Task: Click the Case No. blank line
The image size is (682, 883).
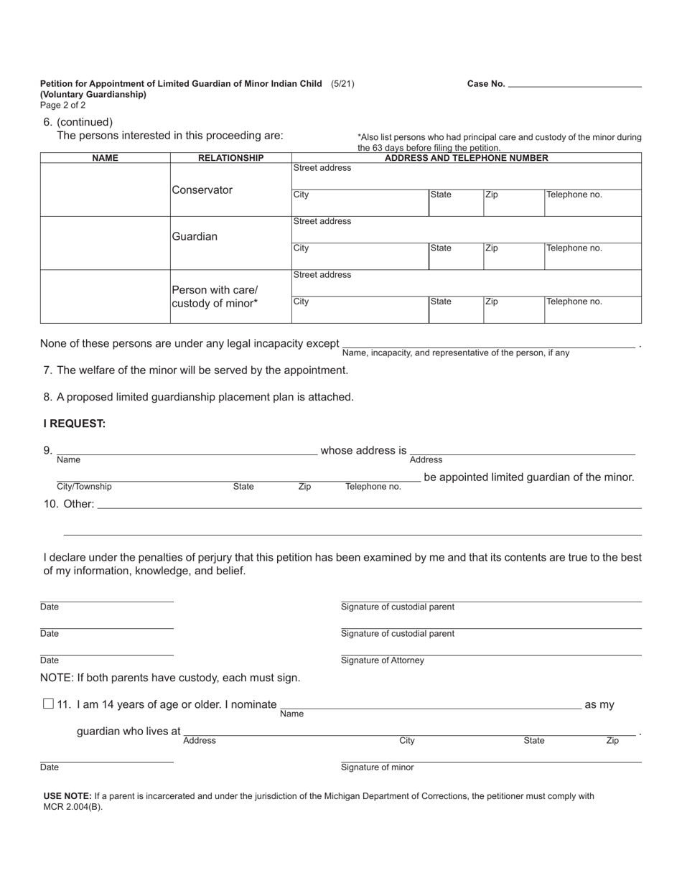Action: (x=574, y=85)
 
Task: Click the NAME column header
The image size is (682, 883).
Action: (x=105, y=158)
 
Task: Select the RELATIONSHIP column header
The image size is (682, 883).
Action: (x=230, y=158)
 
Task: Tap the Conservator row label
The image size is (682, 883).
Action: (x=202, y=190)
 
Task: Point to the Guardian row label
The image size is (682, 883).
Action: (x=194, y=236)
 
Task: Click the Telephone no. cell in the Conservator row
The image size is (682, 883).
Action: (x=592, y=202)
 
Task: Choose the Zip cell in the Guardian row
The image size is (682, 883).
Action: (x=513, y=256)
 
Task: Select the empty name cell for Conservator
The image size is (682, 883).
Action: (x=105, y=190)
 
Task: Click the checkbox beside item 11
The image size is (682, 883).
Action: (x=48, y=704)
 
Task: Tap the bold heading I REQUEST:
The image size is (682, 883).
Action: (x=74, y=424)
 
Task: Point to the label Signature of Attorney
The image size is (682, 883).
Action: (x=382, y=660)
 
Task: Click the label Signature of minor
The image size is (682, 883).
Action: (x=377, y=767)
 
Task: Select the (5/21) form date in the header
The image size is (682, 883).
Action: (x=342, y=84)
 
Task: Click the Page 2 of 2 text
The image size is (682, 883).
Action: (x=62, y=105)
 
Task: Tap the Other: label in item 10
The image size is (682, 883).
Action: (x=78, y=504)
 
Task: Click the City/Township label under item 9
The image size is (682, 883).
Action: (x=84, y=487)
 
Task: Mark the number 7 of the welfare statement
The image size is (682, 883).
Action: (x=47, y=370)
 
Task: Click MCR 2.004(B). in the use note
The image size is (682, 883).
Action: (x=73, y=806)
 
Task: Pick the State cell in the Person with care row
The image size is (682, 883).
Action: (x=455, y=309)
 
